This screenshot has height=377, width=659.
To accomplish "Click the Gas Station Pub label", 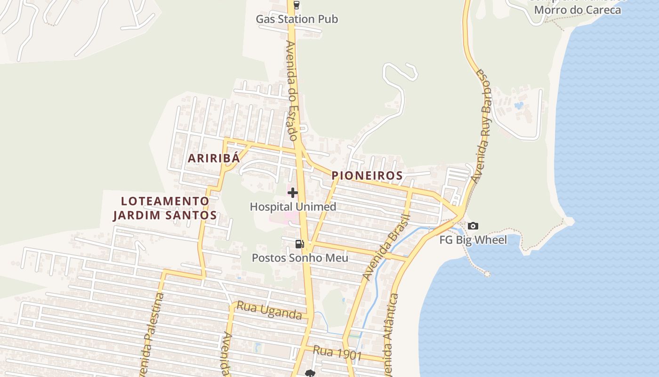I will [297, 19].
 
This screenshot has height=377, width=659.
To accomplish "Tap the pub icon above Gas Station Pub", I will [296, 5].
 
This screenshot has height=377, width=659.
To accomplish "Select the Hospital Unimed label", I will [293, 206].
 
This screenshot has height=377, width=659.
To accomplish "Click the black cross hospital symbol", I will [293, 192].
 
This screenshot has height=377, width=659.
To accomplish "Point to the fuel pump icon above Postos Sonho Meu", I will [299, 244].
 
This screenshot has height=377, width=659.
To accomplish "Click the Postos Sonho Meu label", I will [300, 258].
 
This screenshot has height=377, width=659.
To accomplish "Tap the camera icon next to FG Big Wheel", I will [473, 226].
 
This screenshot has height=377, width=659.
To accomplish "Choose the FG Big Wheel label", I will [473, 240].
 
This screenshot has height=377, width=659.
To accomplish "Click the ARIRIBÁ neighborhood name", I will [214, 158].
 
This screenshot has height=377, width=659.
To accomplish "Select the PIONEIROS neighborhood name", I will [367, 176].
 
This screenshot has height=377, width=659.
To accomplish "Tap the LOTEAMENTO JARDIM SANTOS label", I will [165, 208].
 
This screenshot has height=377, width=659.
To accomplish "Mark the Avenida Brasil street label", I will [386, 247].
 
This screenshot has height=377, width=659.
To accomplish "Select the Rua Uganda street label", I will [269, 311].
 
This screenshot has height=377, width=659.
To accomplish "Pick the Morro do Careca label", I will [578, 9].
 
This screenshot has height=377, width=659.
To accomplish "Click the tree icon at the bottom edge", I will [310, 373].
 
